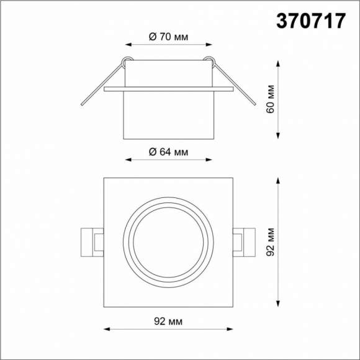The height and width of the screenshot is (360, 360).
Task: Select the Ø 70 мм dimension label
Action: pyautogui.click(x=168, y=37)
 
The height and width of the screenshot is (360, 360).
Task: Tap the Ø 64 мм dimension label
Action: pyautogui.click(x=168, y=151)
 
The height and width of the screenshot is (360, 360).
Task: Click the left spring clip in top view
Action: pyautogui.click(x=92, y=241)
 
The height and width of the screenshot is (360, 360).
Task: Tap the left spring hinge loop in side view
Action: pyautogui.click(x=127, y=61)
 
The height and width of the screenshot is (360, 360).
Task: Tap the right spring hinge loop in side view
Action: pyautogui.click(x=210, y=61)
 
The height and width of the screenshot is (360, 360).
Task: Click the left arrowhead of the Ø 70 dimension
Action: pyautogui.click(x=128, y=45)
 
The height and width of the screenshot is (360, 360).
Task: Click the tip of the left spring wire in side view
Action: pyautogui.click(x=81, y=104)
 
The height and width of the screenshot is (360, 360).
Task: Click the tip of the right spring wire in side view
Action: pyautogui.click(x=254, y=104)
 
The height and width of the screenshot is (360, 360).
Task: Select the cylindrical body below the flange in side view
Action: pyautogui.click(x=168, y=115)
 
